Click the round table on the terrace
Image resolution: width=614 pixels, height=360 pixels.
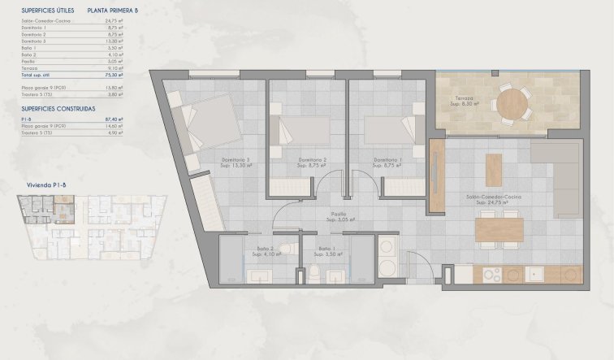click(x=512, y=104)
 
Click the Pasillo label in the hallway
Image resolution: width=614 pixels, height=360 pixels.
click(x=338, y=216)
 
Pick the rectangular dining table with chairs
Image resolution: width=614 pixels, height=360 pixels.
click(x=498, y=230)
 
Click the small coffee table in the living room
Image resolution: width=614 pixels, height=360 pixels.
click(x=493, y=170)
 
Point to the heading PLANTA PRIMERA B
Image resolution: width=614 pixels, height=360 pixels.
click(x=113, y=11)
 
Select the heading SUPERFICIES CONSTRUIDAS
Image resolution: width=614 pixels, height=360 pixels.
click(x=58, y=108)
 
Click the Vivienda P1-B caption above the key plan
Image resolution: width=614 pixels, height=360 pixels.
click(x=45, y=186)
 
